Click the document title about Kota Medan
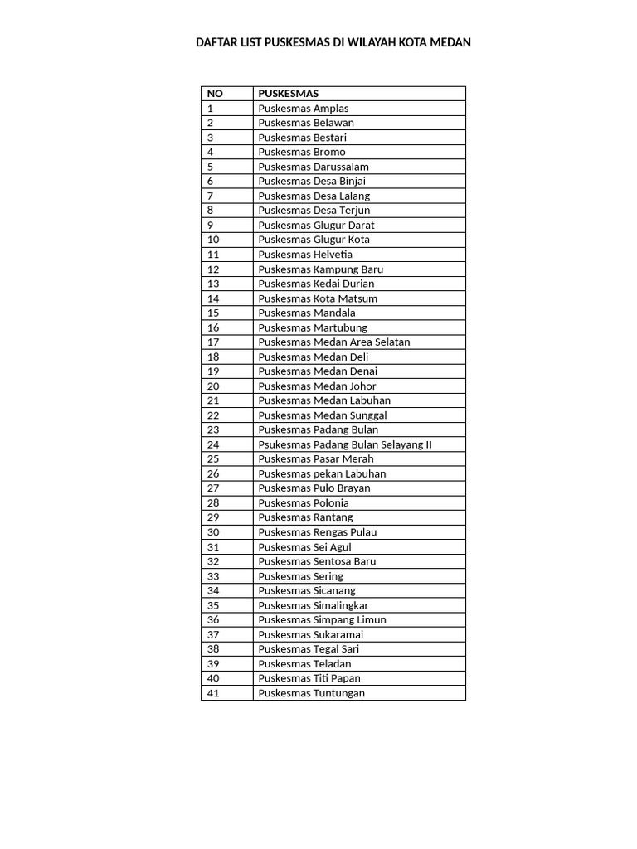(x=333, y=42)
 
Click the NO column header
(x=215, y=94)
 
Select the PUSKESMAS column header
(x=288, y=94)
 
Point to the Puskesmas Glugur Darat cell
(x=316, y=225)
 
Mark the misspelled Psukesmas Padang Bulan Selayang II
(x=345, y=444)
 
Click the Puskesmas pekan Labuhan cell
(x=322, y=473)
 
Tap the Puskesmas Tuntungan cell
(x=311, y=693)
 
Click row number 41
(x=213, y=693)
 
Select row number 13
(x=213, y=284)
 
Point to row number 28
(x=213, y=502)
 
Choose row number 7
(x=211, y=196)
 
